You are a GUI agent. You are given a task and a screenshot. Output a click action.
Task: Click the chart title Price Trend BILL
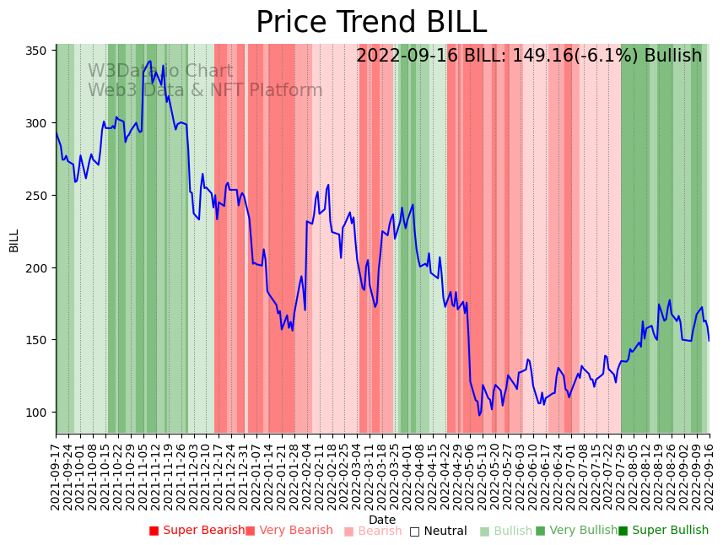[x=371, y=23]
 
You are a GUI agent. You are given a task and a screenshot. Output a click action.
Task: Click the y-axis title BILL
[x=14, y=240]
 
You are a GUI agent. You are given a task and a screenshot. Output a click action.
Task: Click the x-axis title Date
[x=382, y=520]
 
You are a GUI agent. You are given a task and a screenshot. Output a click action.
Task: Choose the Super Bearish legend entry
[x=197, y=531]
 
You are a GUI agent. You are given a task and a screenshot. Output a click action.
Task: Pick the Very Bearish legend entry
[x=289, y=531]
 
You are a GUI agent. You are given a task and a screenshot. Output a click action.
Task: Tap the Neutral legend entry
[x=439, y=531]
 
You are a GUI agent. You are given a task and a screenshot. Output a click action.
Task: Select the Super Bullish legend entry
[x=664, y=531]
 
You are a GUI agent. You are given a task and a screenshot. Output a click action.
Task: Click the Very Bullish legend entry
[x=576, y=531]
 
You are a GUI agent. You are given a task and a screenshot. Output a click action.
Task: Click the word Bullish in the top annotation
[x=672, y=57]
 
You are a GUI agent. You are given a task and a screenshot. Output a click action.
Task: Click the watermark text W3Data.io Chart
[x=160, y=72]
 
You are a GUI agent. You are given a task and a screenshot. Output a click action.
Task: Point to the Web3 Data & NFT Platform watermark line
[x=205, y=90]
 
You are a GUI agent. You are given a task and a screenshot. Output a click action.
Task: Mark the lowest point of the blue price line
[x=479, y=415]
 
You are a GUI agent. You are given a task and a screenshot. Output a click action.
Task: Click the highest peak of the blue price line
[x=149, y=61]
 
